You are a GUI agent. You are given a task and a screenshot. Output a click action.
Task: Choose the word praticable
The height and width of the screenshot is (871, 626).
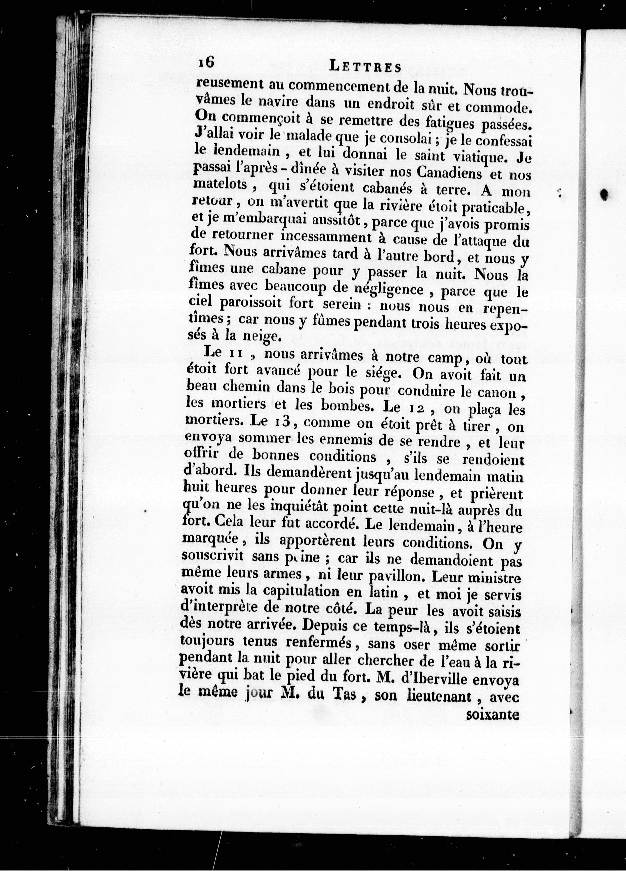(493, 208)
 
